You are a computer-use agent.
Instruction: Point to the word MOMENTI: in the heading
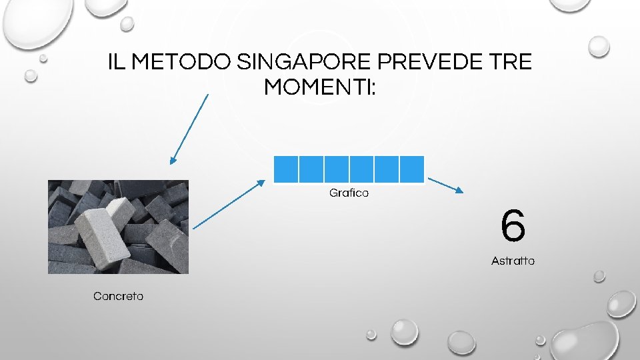click(x=320, y=87)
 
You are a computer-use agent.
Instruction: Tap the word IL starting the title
click(x=117, y=63)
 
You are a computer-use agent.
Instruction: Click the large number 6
click(x=513, y=226)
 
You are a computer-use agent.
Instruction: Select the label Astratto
click(x=513, y=261)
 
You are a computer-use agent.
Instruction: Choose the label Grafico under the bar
click(x=349, y=193)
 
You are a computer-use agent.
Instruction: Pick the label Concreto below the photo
click(x=118, y=296)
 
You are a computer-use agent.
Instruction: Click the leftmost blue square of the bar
click(x=286, y=169)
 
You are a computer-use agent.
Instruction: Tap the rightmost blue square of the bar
click(x=411, y=169)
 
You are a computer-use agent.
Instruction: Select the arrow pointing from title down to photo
click(x=189, y=128)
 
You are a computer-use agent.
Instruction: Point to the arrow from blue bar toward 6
click(x=445, y=185)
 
